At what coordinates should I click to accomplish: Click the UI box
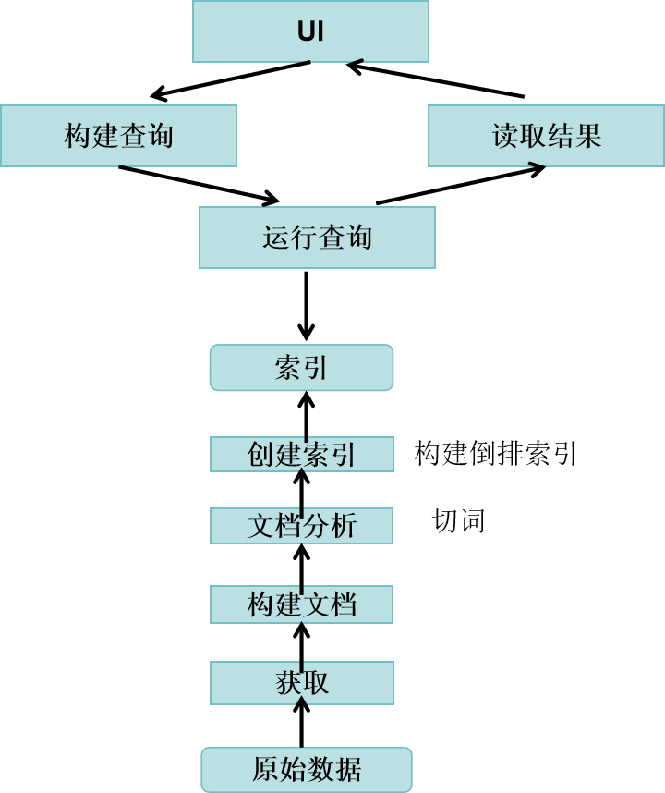(310, 31)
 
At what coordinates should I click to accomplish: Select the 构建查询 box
(118, 136)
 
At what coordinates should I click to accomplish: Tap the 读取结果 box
(546, 136)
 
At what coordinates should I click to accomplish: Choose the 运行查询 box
(317, 238)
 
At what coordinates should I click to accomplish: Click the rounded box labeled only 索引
(301, 368)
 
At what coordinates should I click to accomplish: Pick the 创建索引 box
(301, 455)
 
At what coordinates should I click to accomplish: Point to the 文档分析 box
(301, 526)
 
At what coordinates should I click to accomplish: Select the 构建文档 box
(301, 604)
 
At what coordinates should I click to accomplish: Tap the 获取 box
(301, 683)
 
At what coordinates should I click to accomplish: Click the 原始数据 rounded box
(306, 769)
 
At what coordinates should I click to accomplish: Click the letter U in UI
(305, 31)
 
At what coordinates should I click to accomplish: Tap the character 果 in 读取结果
(588, 137)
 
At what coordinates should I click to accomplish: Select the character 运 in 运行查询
(276, 238)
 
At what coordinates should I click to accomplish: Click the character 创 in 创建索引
(260, 455)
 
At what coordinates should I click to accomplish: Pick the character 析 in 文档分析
(344, 526)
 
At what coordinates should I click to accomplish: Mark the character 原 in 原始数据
(265, 769)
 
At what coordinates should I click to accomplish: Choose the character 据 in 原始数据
(348, 769)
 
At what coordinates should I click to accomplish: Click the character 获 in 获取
(288, 683)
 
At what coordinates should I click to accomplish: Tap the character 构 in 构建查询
(78, 137)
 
